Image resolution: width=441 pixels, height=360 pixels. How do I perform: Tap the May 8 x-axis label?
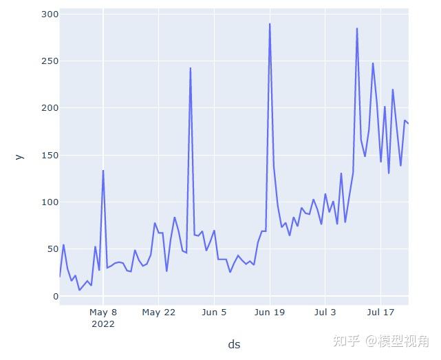(x=103, y=313)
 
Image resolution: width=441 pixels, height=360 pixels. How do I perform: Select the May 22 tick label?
(x=159, y=313)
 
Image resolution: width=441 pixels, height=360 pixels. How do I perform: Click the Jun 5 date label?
(x=215, y=313)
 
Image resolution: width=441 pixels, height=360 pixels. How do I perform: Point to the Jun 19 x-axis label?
(x=270, y=313)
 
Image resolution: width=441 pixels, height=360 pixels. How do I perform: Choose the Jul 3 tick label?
(x=325, y=313)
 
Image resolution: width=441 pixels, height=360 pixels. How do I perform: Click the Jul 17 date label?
(x=380, y=313)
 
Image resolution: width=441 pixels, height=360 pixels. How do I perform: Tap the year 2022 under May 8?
(x=103, y=324)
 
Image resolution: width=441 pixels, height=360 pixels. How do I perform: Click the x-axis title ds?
(x=235, y=344)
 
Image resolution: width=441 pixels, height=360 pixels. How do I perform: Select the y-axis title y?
(x=19, y=156)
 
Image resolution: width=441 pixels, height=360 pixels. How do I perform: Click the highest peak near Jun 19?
(x=270, y=24)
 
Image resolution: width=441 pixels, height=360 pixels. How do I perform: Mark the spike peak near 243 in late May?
(x=191, y=68)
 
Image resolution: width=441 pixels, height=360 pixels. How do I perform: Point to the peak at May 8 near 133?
(x=103, y=171)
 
